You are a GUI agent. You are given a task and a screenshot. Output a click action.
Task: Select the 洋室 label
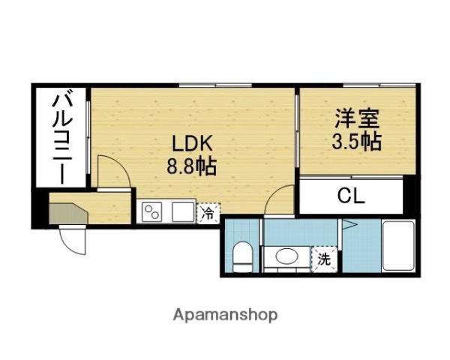(355, 118)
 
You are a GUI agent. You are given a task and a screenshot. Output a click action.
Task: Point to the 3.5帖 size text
(355, 140)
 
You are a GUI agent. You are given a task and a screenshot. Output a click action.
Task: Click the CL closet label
(350, 196)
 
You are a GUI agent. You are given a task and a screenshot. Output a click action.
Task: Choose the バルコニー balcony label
(62, 136)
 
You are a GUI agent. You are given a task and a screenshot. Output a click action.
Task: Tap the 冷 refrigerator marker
(208, 213)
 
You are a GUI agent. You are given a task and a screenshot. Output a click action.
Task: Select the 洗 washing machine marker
(324, 259)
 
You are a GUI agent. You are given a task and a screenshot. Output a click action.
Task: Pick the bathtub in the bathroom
(397, 247)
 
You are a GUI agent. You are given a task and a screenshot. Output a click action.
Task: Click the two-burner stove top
(153, 211)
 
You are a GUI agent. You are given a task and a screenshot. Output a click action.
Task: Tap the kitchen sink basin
(182, 211)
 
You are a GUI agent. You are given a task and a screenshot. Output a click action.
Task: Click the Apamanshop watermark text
(225, 314)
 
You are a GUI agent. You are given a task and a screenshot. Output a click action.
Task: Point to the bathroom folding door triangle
(349, 223)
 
